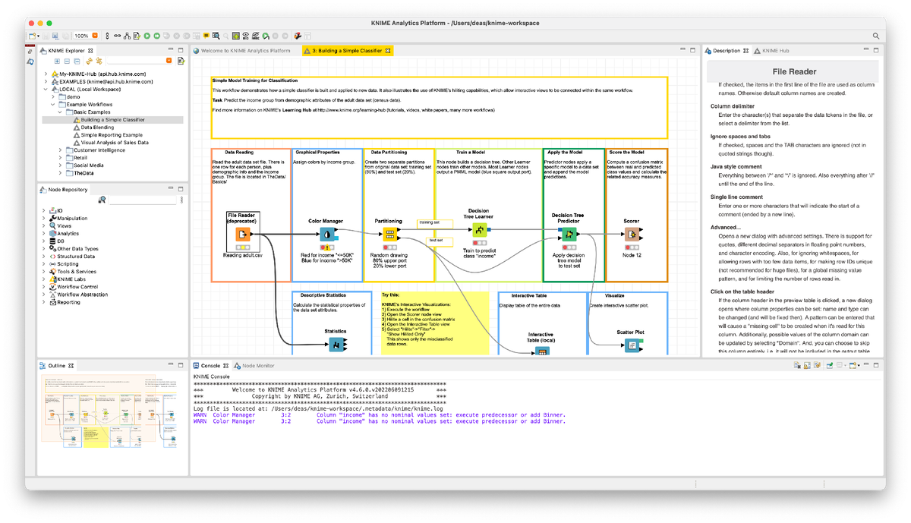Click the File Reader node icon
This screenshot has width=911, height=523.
point(243,234)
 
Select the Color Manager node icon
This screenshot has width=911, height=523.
point(325,234)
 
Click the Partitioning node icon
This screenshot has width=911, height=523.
point(389,234)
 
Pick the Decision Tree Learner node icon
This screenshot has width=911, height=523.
point(478,229)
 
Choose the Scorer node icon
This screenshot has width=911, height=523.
point(631,234)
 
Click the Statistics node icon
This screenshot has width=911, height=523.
point(335,345)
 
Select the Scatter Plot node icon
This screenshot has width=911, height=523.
point(630,345)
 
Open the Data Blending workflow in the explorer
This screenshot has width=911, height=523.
point(97,128)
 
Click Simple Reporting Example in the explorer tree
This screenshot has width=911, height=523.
point(111,135)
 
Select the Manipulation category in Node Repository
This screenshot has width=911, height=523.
point(73,218)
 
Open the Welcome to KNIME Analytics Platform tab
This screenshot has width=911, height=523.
point(245,51)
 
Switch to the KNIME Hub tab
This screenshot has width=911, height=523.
point(775,51)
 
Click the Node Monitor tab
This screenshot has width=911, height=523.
point(257,366)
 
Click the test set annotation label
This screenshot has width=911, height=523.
point(436,241)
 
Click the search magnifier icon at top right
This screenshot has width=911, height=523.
point(876,36)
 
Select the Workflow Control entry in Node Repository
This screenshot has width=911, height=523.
point(77,287)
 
